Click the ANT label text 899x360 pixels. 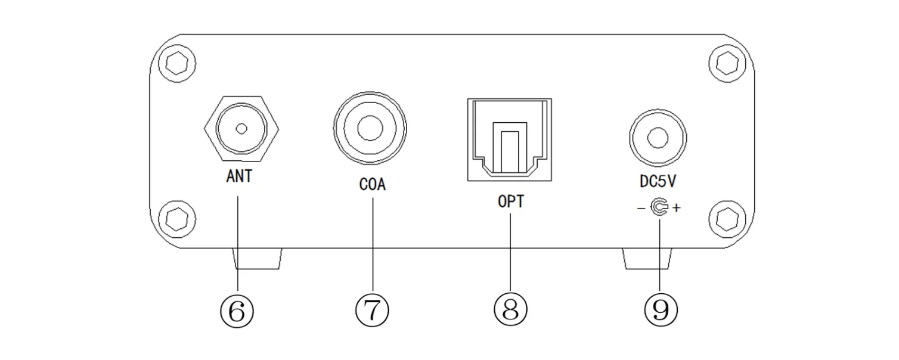pos(239,177)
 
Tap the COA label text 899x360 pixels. pos(373,185)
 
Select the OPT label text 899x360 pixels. pos(511,201)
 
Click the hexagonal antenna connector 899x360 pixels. pos(241,128)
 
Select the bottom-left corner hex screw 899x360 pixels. pos(176,219)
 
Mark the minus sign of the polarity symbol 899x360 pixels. pos(640,209)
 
